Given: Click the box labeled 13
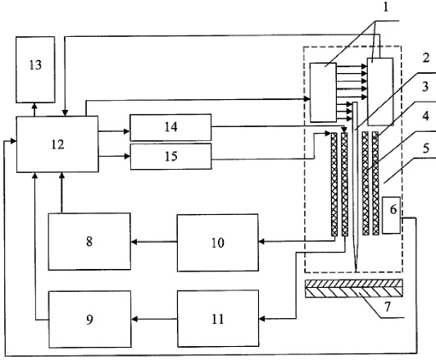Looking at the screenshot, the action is tap(35, 70).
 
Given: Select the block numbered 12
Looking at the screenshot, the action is tap(57, 144).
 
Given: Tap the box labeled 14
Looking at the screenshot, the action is tap(170, 127).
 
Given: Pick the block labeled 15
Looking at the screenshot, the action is tap(170, 157).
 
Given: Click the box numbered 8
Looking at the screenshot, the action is tap(89, 241).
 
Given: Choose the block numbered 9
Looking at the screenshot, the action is tap(90, 319).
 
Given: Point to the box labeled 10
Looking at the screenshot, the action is tap(218, 243).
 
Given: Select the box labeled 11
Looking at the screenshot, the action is tap(218, 318).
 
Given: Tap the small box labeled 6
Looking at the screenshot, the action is tap(392, 215).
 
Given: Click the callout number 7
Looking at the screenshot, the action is tap(388, 307).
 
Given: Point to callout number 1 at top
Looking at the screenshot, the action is tap(385, 7).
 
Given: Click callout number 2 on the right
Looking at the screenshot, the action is tap(425, 58).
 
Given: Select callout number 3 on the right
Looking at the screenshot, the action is tap(425, 87).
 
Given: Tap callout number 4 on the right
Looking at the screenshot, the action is tap(425, 116).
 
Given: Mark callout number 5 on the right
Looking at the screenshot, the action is tap(426, 148).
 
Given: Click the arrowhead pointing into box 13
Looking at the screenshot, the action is tap(34, 106).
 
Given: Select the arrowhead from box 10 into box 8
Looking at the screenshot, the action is tap(134, 242).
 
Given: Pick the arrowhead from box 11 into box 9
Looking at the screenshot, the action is tap(134, 319).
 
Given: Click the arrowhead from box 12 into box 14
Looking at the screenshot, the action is tap(127, 131).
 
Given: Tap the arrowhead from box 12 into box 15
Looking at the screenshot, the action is tap(127, 157).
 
